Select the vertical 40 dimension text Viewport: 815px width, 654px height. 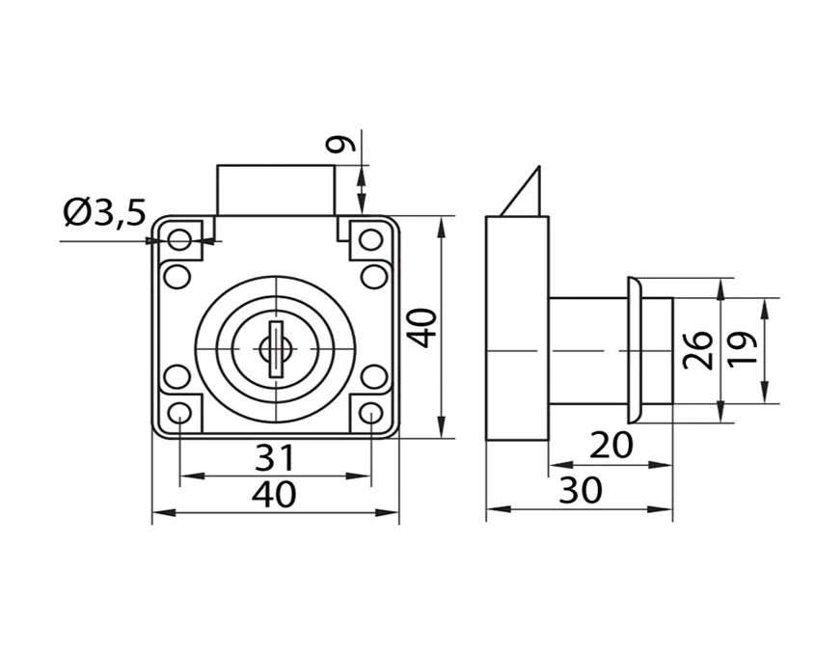pos(421,328)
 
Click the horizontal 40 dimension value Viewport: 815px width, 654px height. pos(274,494)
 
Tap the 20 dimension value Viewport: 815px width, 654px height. pos(611,445)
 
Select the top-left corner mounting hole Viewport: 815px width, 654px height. pos(179,237)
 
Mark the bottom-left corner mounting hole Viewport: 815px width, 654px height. pos(179,415)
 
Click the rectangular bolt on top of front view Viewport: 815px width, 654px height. pos(276,189)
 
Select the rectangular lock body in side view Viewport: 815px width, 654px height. pos(517,328)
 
